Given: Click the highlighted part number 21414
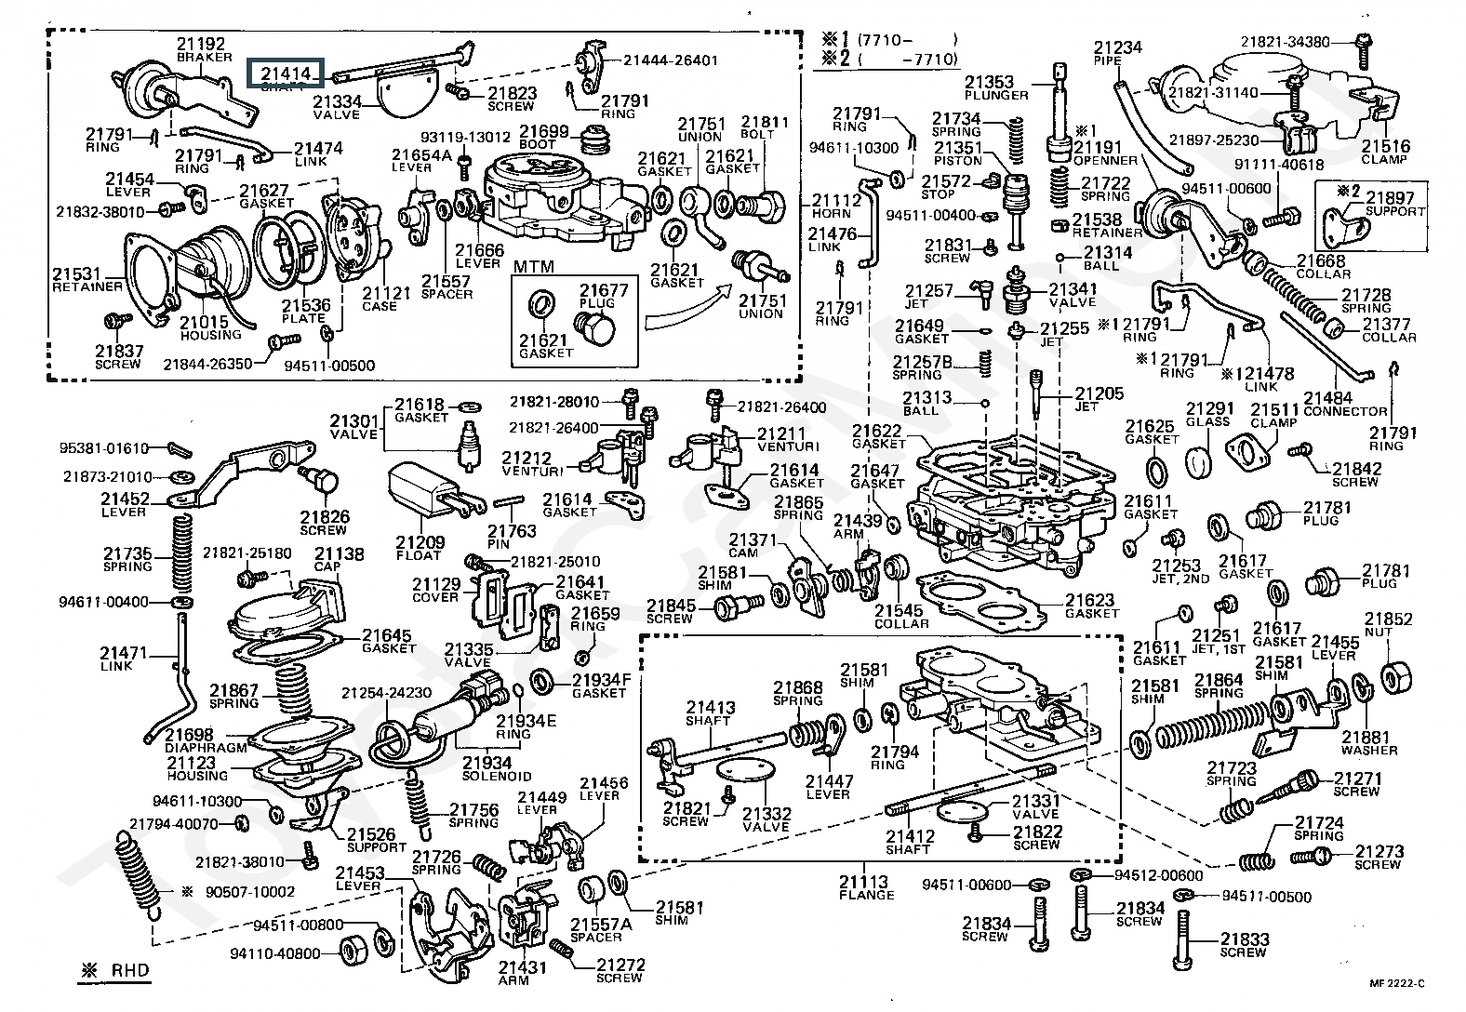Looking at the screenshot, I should click(x=284, y=72).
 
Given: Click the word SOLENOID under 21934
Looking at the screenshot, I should click(x=497, y=776).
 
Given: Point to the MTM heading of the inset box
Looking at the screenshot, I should click(x=534, y=267).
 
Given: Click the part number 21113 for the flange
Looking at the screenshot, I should click(x=863, y=882).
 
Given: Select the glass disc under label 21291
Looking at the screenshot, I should click(x=1202, y=459).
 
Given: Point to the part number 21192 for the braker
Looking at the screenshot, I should click(x=201, y=43).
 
